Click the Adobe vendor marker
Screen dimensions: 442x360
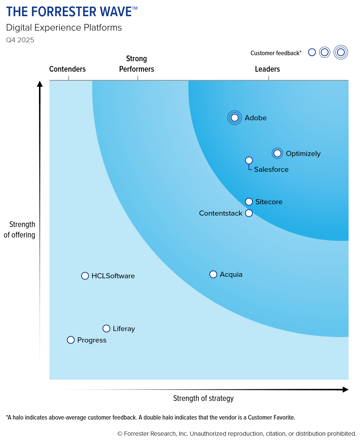[235, 118]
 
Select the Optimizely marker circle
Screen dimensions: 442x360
[277, 153]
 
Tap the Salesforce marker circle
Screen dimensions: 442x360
[249, 160]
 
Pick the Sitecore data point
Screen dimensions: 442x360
[249, 202]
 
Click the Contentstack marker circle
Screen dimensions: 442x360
[249, 213]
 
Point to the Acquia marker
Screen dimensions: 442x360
[213, 274]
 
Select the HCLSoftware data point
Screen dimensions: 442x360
[85, 276]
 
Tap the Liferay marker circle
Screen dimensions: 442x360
[106, 328]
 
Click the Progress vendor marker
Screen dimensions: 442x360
[70, 340]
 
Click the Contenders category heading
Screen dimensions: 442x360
[67, 69]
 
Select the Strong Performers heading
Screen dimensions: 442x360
[136, 64]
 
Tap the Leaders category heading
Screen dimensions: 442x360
[267, 69]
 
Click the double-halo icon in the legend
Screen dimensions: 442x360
[340, 52]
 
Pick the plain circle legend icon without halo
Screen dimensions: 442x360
[312, 52]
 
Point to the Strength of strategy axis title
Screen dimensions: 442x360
[203, 398]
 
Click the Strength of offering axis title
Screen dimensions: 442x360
[20, 229]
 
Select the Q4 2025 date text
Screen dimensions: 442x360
[20, 40]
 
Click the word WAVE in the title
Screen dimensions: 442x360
[115, 12]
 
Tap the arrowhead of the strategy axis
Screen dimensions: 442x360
[346, 390]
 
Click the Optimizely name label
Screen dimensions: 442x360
[303, 154]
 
